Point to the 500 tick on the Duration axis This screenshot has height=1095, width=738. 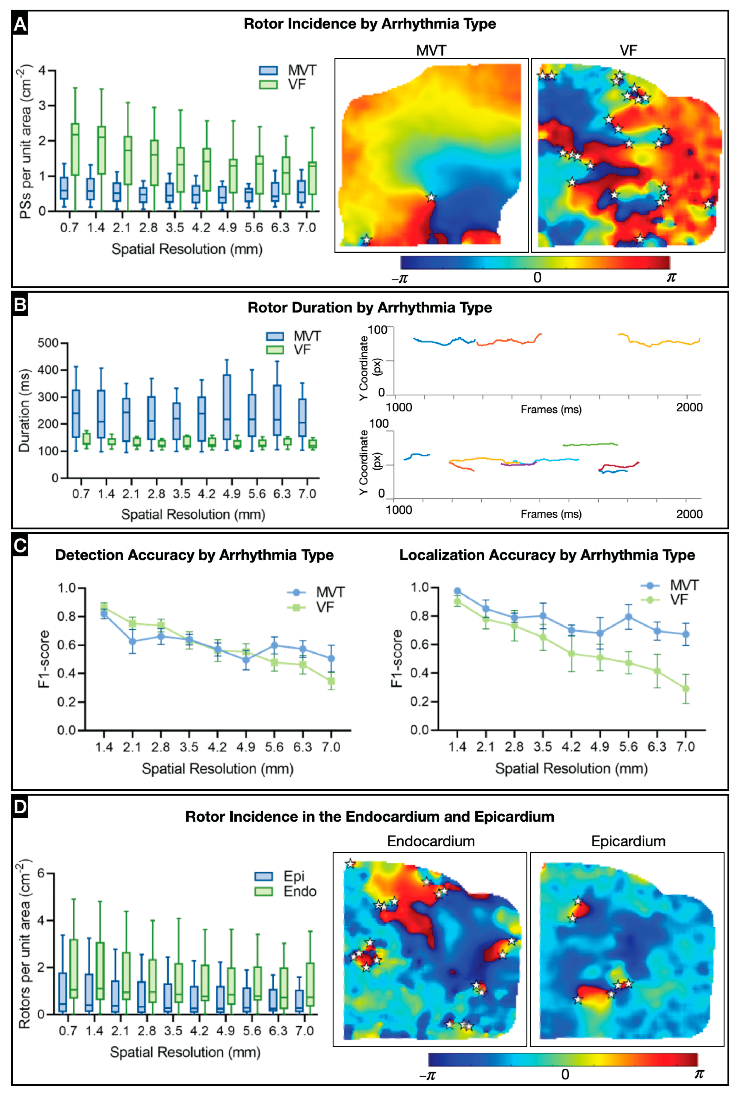click(x=48, y=343)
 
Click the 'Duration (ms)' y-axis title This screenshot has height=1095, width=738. click(x=24, y=410)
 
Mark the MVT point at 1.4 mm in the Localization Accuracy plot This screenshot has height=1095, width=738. click(x=457, y=591)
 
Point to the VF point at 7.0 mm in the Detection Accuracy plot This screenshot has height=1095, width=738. click(x=331, y=681)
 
